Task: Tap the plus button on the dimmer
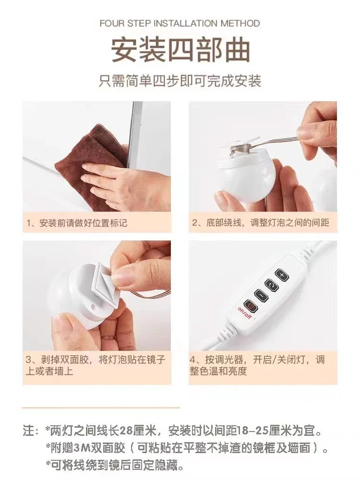(281, 275)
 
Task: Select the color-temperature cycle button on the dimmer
(272, 285)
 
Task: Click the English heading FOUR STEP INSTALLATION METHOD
(180, 23)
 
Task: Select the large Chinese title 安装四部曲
(180, 50)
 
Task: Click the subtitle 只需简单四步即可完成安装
(180, 81)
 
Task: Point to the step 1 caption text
(76, 223)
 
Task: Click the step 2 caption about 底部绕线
(261, 223)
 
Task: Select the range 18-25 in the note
(252, 431)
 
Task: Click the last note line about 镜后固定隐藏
(115, 466)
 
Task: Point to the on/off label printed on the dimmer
(245, 313)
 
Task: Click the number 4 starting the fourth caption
(193, 360)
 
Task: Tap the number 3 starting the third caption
(29, 360)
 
